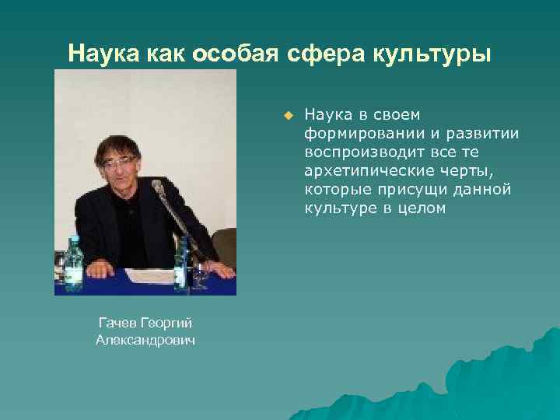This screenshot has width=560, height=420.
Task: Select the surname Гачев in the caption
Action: tap(117, 322)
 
